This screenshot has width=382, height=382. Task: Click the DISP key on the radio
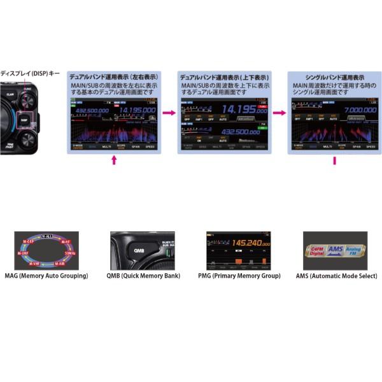pos(24,119)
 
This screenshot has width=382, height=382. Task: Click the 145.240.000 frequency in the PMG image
pos(242,243)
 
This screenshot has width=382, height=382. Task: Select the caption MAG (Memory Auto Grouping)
pos(46,276)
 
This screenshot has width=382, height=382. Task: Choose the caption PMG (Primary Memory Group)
pos(238,276)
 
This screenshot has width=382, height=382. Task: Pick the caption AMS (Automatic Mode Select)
pos(336,276)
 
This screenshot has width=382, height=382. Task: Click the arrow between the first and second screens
pos(169,113)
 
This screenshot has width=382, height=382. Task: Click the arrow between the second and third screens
pos(279,113)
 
